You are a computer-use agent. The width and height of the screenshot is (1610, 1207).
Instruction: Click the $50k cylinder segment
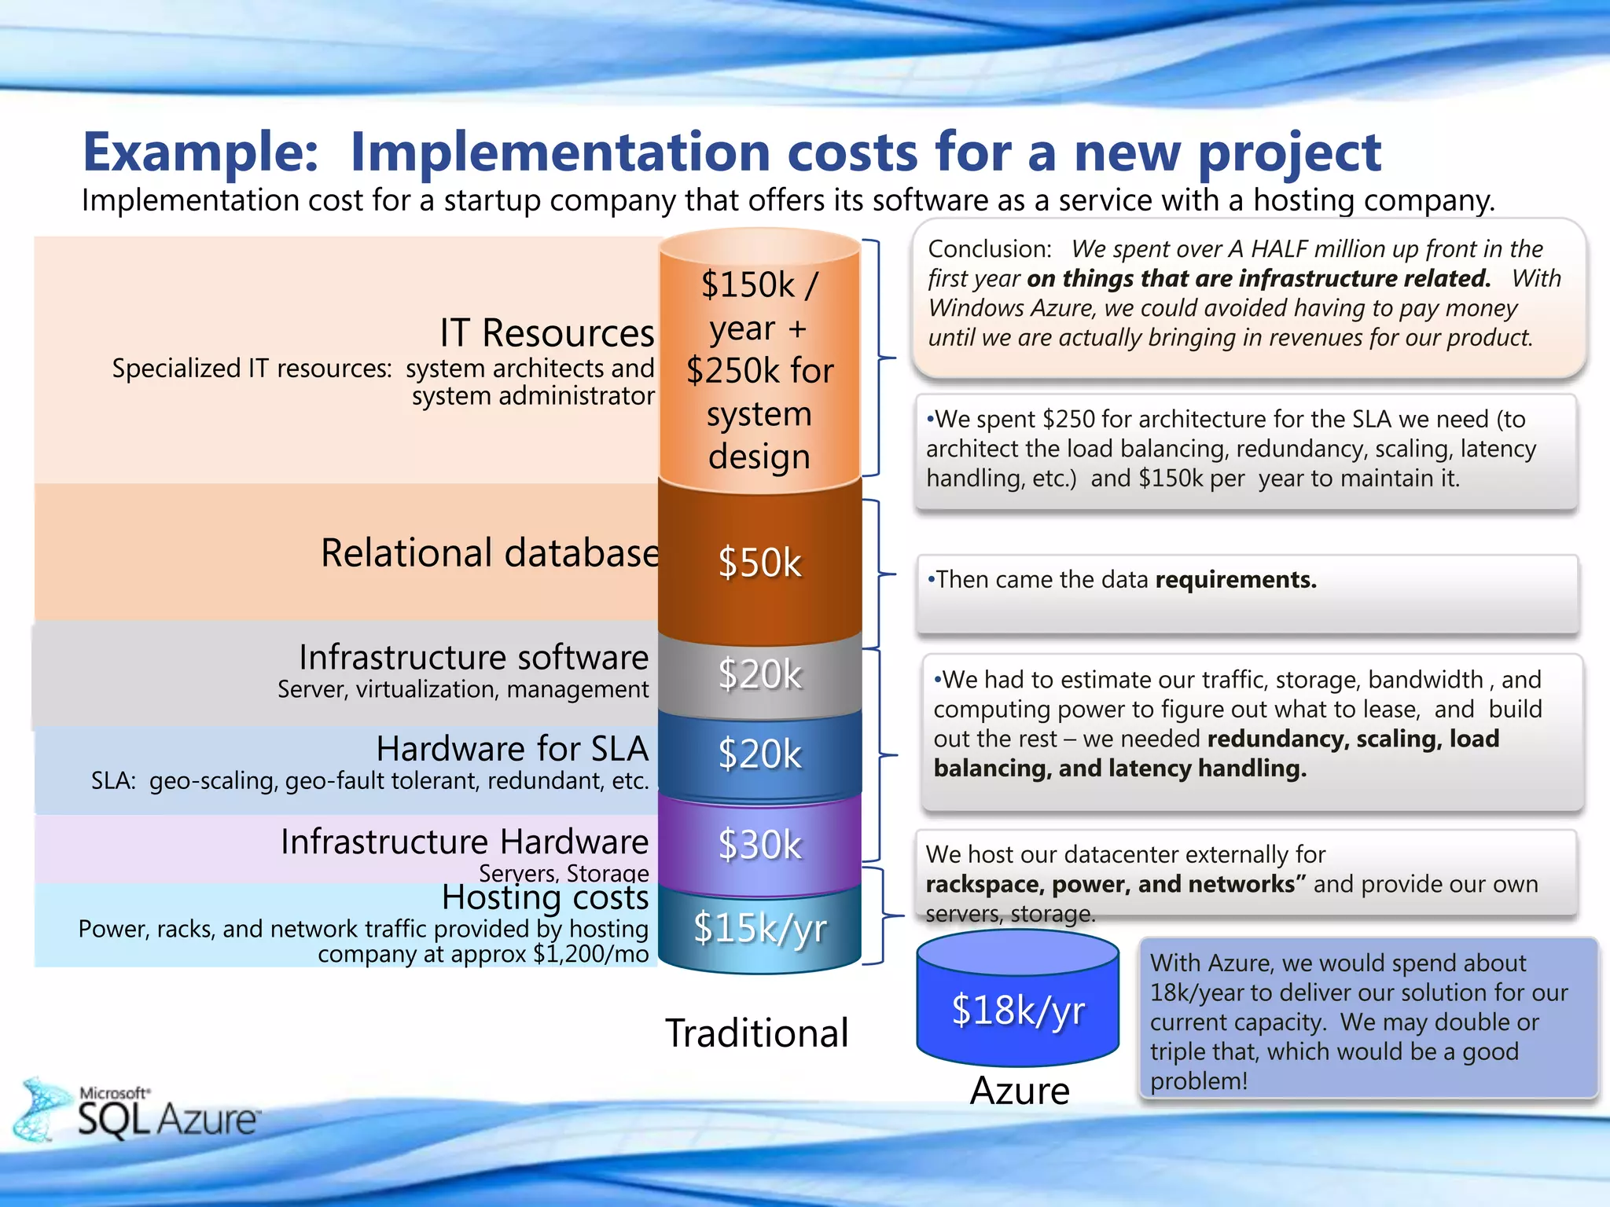[759, 563]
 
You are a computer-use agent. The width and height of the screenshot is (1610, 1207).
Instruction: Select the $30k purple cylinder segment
[759, 845]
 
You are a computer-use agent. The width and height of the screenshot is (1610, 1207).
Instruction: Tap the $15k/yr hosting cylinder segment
[759, 928]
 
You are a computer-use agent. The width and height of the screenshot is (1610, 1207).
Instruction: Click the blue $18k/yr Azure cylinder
[1017, 1010]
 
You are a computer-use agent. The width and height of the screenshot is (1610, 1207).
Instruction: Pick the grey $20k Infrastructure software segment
[759, 674]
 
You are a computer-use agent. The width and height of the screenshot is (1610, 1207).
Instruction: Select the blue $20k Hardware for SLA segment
[759, 754]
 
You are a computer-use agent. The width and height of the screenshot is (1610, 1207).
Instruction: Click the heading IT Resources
[546, 333]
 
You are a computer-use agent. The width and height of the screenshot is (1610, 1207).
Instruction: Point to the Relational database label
[489, 552]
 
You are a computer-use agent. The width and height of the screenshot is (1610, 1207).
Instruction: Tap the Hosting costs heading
[545, 897]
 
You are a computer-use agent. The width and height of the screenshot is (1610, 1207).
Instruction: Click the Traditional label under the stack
[757, 1033]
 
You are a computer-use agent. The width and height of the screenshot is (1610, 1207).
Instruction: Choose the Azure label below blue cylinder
[1020, 1091]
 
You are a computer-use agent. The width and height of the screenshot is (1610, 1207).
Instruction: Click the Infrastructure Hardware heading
[465, 842]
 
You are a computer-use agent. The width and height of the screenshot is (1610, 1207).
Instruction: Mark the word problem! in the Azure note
[1198, 1081]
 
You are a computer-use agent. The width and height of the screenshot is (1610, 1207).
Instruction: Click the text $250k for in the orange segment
[759, 371]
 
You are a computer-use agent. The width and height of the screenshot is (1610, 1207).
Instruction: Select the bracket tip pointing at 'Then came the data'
[895, 575]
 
